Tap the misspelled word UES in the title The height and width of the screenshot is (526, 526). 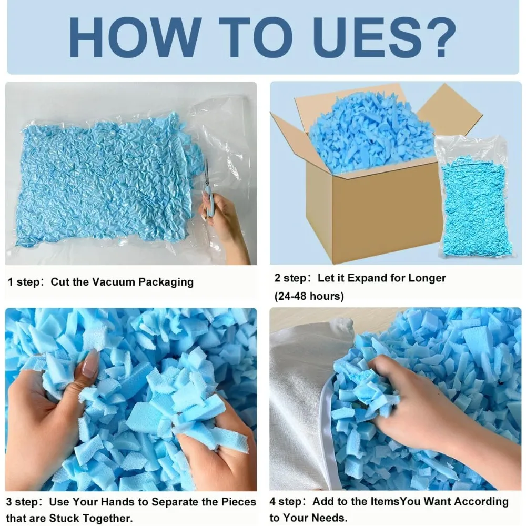362,37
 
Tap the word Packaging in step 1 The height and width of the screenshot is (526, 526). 166,282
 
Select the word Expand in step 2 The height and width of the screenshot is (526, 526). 366,278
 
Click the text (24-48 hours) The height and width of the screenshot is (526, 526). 309,296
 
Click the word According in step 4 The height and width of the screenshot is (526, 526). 482,501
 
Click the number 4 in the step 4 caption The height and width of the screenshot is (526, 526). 272,502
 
